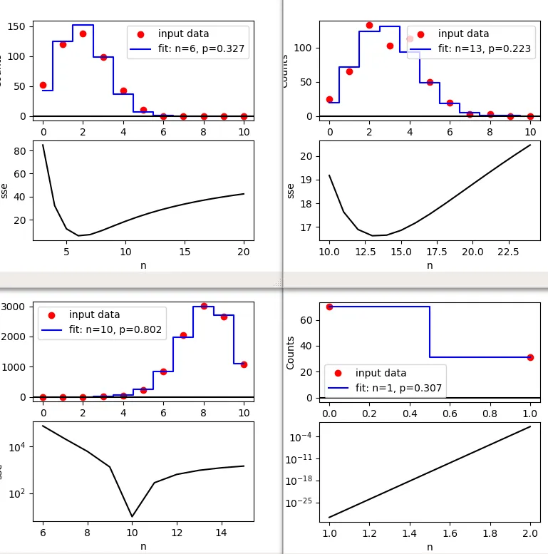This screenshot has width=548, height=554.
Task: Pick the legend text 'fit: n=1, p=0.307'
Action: click(x=398, y=389)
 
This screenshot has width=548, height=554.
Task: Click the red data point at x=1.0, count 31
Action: click(x=530, y=357)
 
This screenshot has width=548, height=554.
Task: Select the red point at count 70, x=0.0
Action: click(x=329, y=307)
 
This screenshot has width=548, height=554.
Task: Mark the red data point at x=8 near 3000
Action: click(x=204, y=306)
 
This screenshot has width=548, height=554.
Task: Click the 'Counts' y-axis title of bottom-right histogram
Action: click(x=290, y=352)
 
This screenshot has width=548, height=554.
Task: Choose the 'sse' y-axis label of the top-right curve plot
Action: click(x=290, y=190)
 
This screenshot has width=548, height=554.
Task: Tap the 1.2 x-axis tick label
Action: click(x=370, y=533)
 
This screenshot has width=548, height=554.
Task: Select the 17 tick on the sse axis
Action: click(x=309, y=227)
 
